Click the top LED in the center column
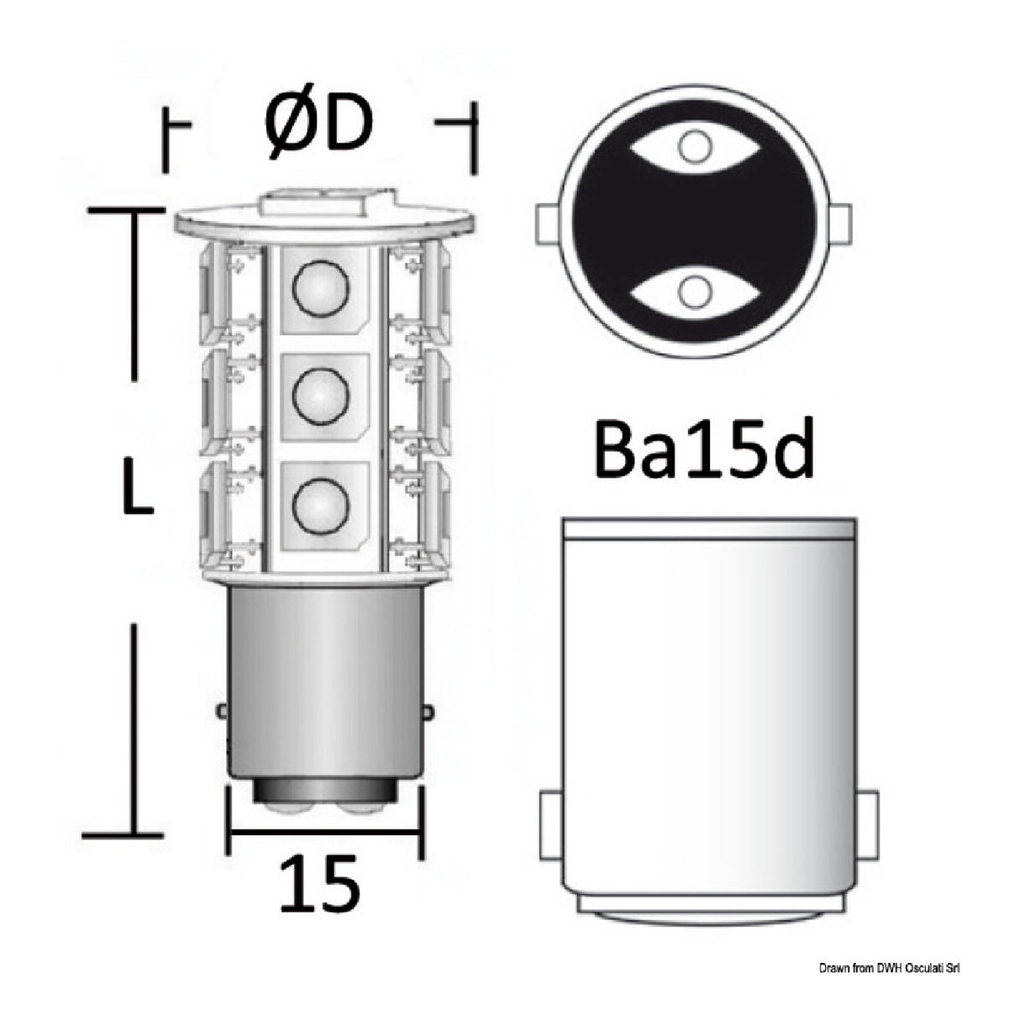tap(320, 289)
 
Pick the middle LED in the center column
tap(320, 394)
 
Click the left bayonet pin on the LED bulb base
tap(222, 711)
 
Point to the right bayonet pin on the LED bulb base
tap(428, 711)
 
